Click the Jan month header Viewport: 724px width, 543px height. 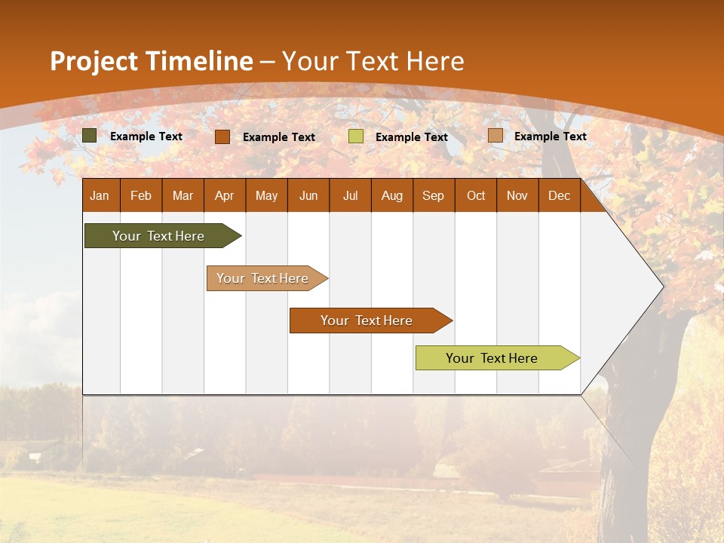pyautogui.click(x=100, y=196)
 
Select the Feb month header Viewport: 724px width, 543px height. pyautogui.click(x=141, y=196)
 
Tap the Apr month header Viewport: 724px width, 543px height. pyautogui.click(x=224, y=196)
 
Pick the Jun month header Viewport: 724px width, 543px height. pyautogui.click(x=308, y=196)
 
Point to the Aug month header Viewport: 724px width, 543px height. pyautogui.click(x=391, y=196)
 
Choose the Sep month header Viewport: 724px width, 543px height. pyautogui.click(x=433, y=196)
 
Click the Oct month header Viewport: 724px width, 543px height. pyautogui.click(x=476, y=196)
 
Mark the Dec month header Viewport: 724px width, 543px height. pyautogui.click(x=559, y=196)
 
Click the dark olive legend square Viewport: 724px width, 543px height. pyautogui.click(x=90, y=136)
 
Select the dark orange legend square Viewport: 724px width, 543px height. pyautogui.click(x=222, y=137)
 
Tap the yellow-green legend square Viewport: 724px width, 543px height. pyautogui.click(x=356, y=137)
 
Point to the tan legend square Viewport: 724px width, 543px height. pyautogui.click(x=495, y=136)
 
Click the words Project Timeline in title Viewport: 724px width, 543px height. pyautogui.click(x=152, y=61)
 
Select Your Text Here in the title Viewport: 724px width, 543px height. pyautogui.click(x=373, y=61)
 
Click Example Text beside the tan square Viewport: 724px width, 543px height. pyautogui.click(x=550, y=137)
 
